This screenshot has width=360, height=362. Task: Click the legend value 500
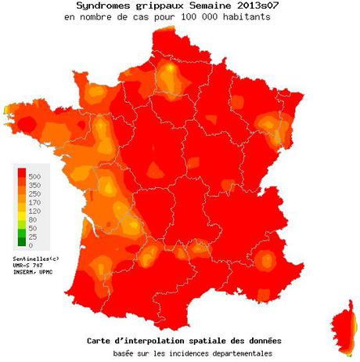pyautogui.click(x=35, y=177)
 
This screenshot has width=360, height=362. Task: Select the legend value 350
pyautogui.click(x=35, y=186)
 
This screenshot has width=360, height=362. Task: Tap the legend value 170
pyautogui.click(x=35, y=203)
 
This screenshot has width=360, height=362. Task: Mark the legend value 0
pyautogui.click(x=31, y=245)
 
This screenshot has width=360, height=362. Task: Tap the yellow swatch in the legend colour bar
pyautogui.click(x=22, y=212)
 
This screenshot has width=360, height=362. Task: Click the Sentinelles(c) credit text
pyautogui.click(x=35, y=258)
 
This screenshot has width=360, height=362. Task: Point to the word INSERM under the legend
pyautogui.click(x=24, y=272)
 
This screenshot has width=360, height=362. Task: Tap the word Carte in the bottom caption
pyautogui.click(x=99, y=342)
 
